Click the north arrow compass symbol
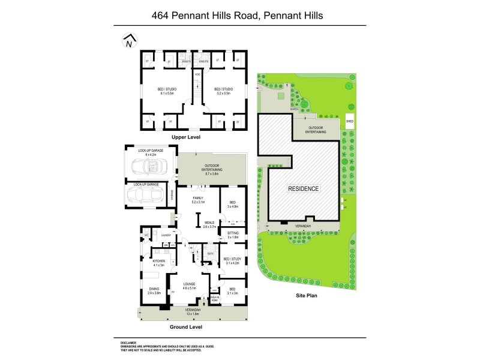(129, 41)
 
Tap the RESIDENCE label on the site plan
(304, 188)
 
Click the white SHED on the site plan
(350, 121)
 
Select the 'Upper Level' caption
(185, 137)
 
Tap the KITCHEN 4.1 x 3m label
(158, 263)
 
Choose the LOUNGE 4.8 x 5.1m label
(190, 286)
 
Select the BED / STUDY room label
(231, 261)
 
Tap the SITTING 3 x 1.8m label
(233, 235)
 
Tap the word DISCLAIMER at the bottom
(131, 343)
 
